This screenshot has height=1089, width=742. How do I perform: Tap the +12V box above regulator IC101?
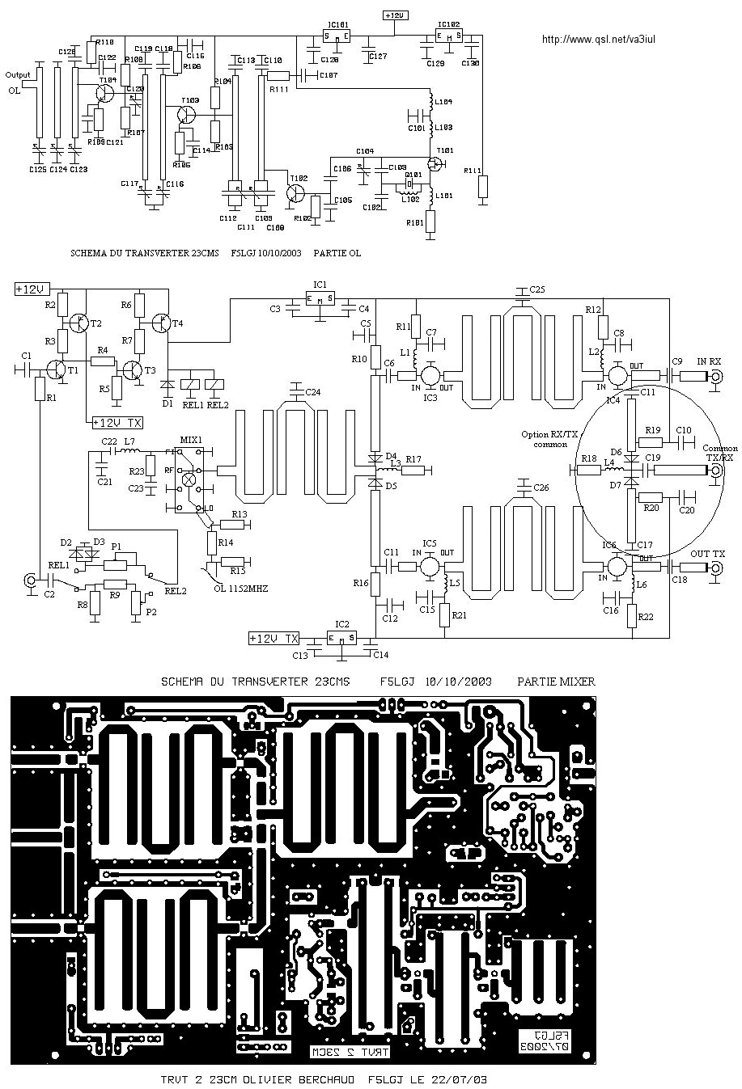(394, 15)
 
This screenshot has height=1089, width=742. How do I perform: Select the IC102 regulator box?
(447, 36)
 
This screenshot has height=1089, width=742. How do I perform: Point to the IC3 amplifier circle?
(430, 375)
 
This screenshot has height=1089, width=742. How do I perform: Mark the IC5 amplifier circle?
(430, 566)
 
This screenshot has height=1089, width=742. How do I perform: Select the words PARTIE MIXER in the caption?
(556, 682)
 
